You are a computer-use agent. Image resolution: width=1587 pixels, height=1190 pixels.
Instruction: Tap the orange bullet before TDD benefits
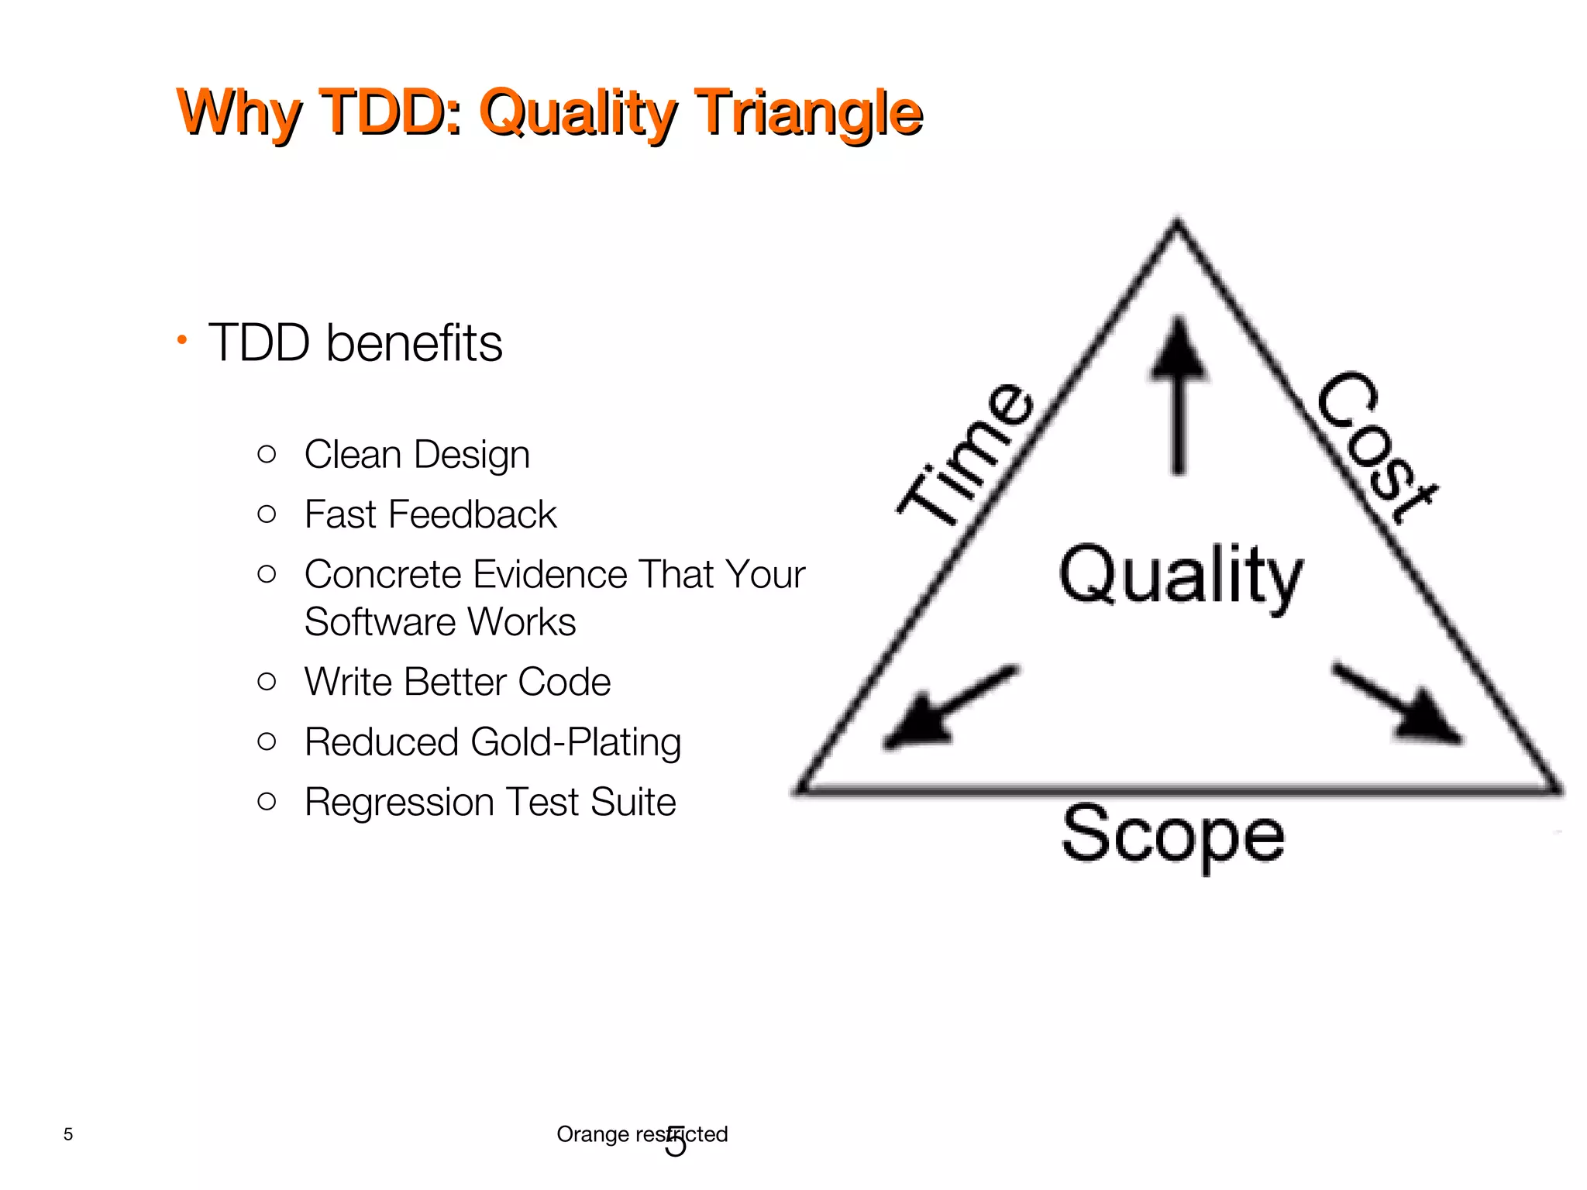[x=181, y=339]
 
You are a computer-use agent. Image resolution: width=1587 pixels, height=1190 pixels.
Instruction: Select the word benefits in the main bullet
[x=414, y=343]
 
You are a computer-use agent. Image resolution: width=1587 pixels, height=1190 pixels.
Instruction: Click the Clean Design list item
[x=416, y=454]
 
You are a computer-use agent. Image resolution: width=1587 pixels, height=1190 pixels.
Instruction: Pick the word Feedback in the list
[x=472, y=514]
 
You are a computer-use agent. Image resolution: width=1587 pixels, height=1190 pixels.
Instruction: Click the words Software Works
[x=439, y=622]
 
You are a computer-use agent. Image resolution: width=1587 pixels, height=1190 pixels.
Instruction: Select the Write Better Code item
[x=457, y=682]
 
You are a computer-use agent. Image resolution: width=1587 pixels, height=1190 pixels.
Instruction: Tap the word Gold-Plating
[x=575, y=742]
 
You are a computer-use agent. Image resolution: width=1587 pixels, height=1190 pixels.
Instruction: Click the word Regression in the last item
[x=399, y=802]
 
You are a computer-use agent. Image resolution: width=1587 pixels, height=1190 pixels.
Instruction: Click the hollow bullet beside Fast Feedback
[x=267, y=514]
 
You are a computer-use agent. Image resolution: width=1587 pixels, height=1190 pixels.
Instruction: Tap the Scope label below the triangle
[x=1172, y=837]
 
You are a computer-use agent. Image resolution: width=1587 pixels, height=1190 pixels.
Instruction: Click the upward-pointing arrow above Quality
[x=1179, y=395]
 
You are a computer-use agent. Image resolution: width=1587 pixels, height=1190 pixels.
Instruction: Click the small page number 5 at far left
[x=68, y=1134]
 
